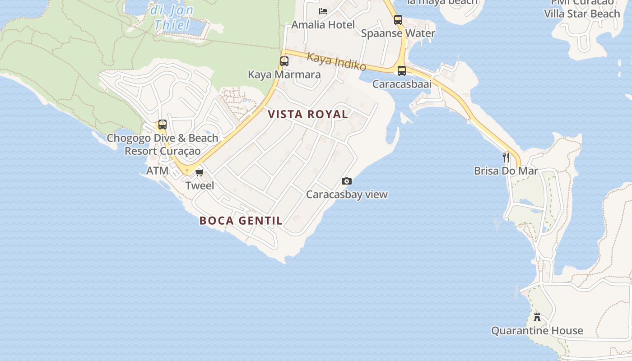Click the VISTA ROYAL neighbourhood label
(x=308, y=114)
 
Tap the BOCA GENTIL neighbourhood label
(x=241, y=221)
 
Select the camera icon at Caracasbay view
(x=347, y=181)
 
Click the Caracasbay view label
(x=347, y=194)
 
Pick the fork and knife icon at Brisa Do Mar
(x=506, y=157)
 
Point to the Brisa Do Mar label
(x=506, y=171)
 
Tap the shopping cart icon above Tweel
(x=200, y=172)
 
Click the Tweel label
(x=200, y=185)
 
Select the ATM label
(x=157, y=171)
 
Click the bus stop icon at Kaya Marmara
(x=284, y=61)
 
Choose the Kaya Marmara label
(x=284, y=74)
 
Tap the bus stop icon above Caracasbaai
(x=402, y=71)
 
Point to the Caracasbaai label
(x=402, y=84)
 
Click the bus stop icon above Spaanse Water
(x=398, y=20)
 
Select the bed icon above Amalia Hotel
(x=323, y=11)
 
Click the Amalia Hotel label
(x=323, y=24)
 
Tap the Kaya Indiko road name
(x=336, y=61)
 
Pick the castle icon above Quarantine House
(x=537, y=316)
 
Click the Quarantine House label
(x=537, y=331)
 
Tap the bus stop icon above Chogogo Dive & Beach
(x=162, y=125)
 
